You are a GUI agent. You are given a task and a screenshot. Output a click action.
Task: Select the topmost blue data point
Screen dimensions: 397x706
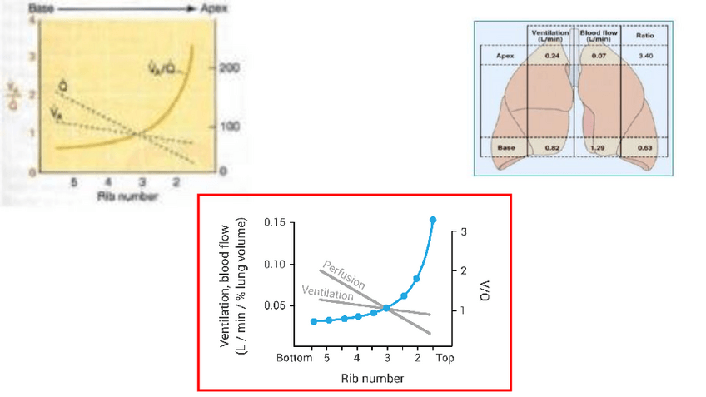[x=433, y=220]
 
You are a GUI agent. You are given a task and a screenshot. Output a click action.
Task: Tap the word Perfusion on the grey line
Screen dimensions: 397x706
[x=340, y=274]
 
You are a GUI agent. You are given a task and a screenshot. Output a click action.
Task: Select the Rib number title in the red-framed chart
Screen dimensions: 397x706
[x=372, y=378]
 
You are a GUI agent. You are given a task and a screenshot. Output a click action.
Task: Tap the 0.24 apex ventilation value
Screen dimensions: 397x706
[x=551, y=56]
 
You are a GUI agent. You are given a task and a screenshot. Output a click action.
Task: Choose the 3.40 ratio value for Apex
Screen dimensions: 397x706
[x=644, y=56]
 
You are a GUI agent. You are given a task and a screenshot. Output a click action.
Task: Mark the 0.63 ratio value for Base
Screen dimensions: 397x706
[x=644, y=147]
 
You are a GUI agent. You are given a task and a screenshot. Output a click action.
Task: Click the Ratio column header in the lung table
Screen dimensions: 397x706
[x=644, y=36]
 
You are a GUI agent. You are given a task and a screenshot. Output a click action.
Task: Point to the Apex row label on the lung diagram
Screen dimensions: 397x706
[x=505, y=56]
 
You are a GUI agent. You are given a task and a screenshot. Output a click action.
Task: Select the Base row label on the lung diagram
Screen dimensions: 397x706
[x=505, y=147]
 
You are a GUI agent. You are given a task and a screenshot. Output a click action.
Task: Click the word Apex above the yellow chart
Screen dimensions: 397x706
[x=212, y=8]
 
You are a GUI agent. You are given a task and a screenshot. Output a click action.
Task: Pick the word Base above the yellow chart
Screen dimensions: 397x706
[x=38, y=7]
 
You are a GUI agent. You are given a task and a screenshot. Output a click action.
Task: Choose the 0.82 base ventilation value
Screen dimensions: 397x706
[x=551, y=147]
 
